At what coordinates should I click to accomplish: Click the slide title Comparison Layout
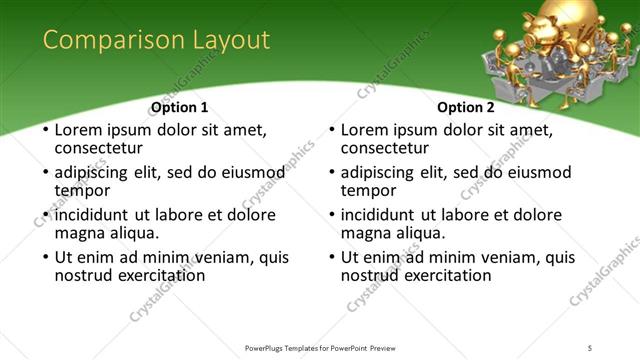coord(156,40)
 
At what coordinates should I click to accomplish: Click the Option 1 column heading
coord(180,107)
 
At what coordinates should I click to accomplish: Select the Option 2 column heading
coord(466,107)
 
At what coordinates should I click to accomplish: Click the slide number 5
coord(590,347)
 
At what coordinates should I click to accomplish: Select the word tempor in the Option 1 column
coord(82,190)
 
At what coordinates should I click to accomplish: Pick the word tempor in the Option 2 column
coord(368,190)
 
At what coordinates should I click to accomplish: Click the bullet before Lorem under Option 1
coord(44,130)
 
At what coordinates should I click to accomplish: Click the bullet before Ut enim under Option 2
coord(330,258)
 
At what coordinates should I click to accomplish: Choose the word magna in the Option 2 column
coord(365,232)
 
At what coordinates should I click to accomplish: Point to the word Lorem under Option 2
coord(364,130)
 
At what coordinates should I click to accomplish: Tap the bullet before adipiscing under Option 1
coord(44,173)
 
